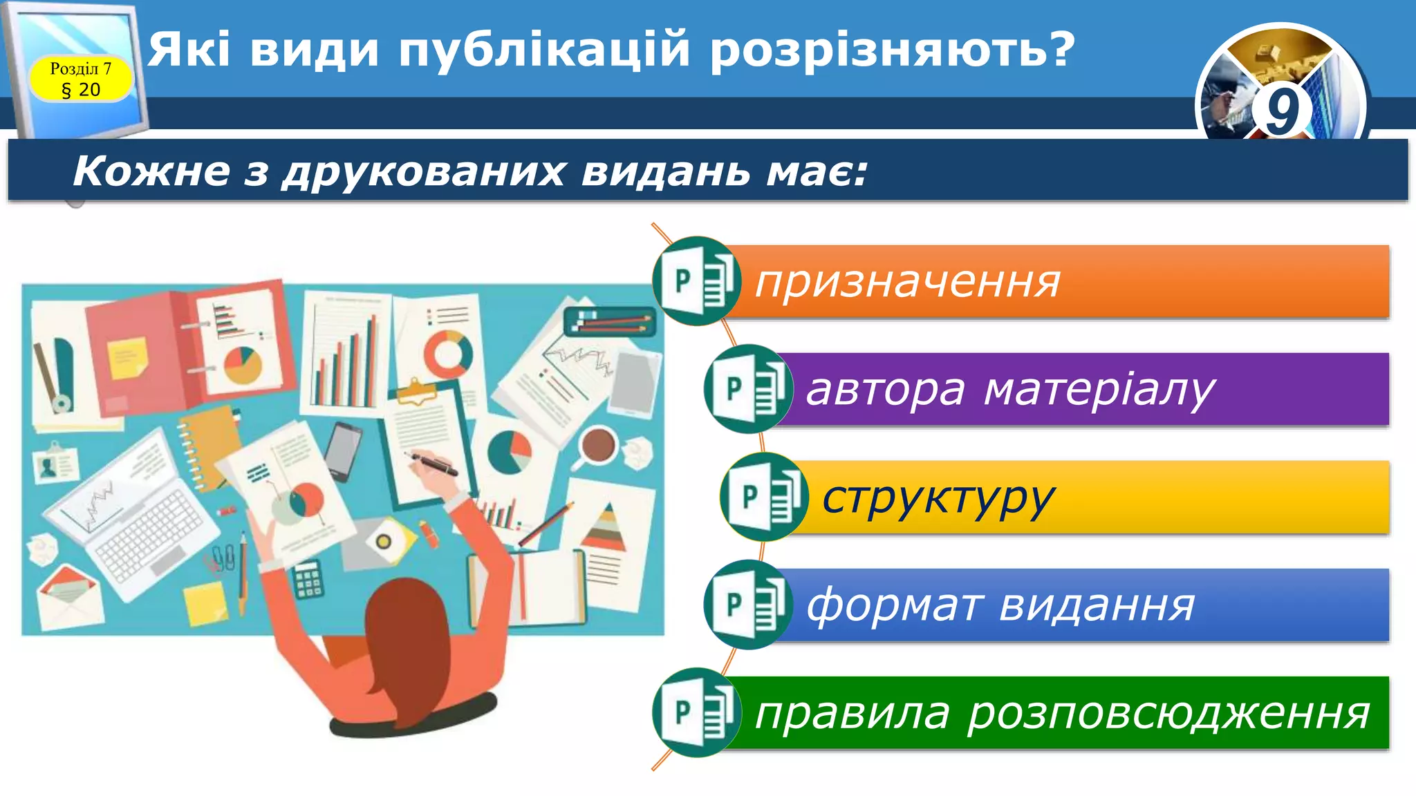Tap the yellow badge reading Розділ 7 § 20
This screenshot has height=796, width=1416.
click(80, 79)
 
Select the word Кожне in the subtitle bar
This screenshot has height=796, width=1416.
click(151, 171)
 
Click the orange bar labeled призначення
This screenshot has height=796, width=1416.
click(1051, 281)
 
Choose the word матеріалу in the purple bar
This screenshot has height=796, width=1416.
click(1099, 390)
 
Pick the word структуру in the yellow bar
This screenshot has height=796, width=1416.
click(938, 498)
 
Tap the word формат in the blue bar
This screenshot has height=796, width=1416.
click(893, 605)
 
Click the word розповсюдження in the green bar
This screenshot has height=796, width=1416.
click(1168, 714)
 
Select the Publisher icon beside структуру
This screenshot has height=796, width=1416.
click(763, 497)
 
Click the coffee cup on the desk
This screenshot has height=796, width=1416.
click(598, 446)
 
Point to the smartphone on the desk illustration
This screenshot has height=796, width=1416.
click(344, 451)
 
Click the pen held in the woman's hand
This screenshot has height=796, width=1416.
click(434, 462)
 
